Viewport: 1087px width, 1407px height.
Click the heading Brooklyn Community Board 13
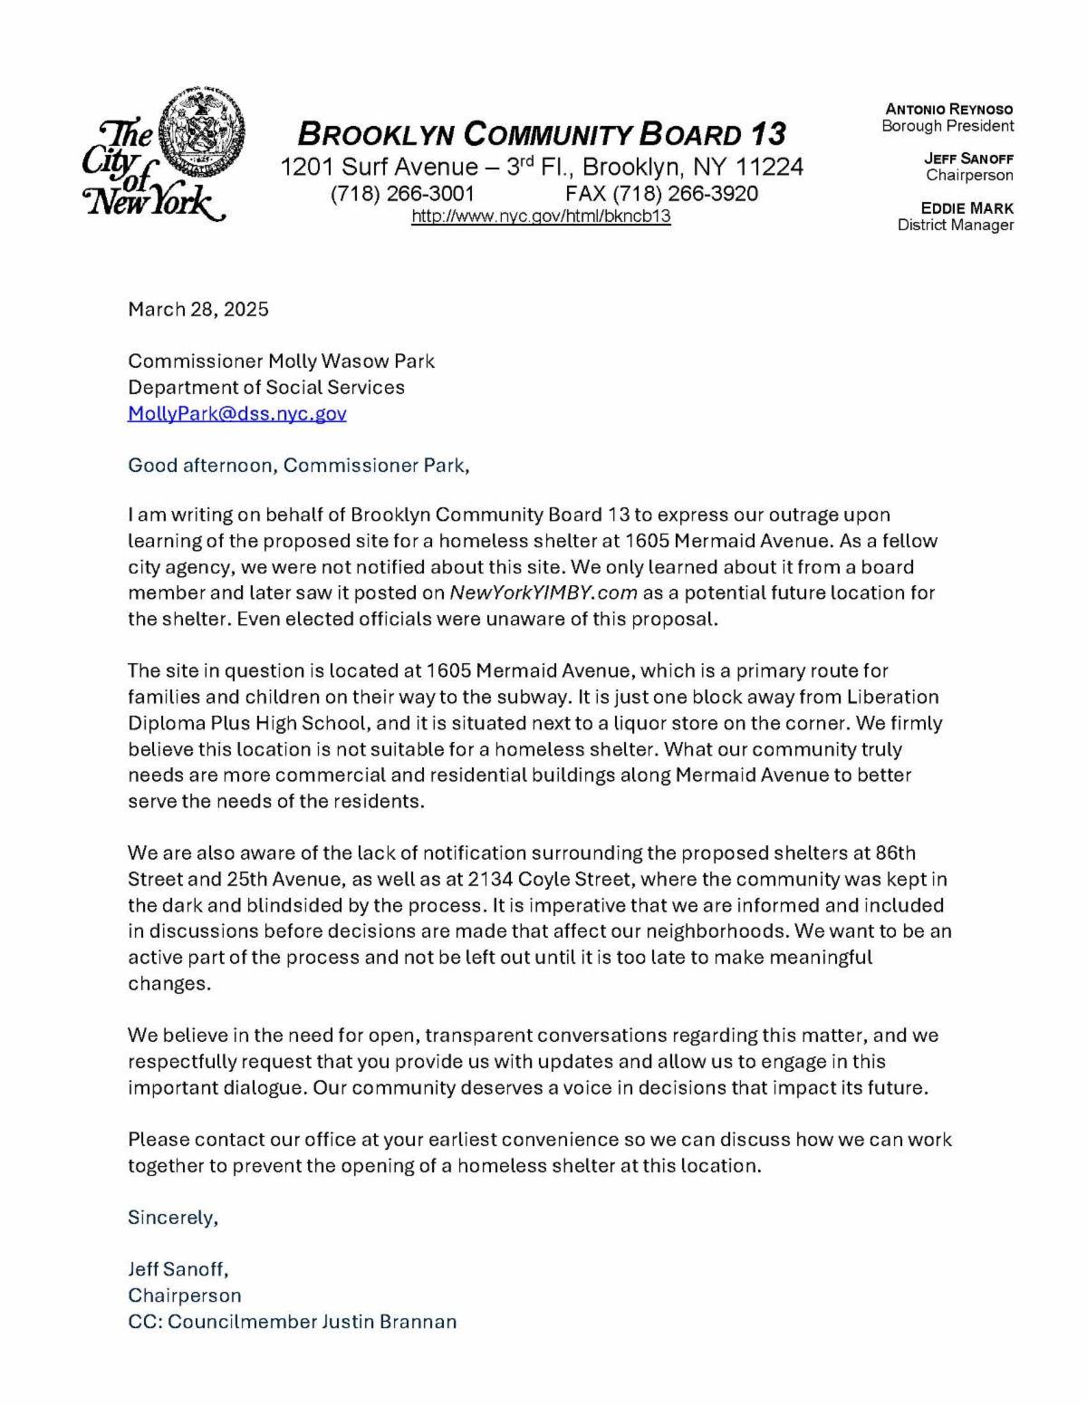(542, 135)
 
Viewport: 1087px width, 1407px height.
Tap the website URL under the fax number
(541, 217)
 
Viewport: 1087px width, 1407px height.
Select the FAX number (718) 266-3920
(661, 194)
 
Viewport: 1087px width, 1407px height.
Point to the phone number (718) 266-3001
(402, 194)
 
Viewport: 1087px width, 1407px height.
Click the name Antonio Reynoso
(949, 110)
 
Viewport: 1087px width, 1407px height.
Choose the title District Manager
(956, 225)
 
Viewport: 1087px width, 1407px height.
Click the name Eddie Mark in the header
(967, 208)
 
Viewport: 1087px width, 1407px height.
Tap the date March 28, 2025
(198, 309)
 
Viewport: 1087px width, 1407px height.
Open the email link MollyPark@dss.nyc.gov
(237, 414)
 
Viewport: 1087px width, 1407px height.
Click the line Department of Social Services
(266, 388)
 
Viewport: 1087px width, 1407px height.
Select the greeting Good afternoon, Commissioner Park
(299, 466)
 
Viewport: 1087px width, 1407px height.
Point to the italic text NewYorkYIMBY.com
(543, 593)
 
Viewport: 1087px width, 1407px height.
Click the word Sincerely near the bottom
(173, 1218)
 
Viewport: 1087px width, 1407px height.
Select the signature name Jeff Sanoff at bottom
(178, 1269)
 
